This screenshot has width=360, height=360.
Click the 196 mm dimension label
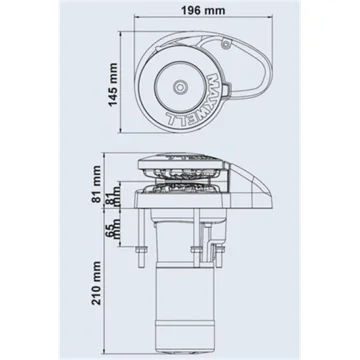click(x=203, y=10)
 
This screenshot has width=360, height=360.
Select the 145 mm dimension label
click(x=114, y=84)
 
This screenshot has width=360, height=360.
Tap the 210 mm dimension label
click(x=96, y=283)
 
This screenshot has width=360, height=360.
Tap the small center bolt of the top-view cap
click(x=180, y=87)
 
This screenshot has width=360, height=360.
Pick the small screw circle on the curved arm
click(x=226, y=44)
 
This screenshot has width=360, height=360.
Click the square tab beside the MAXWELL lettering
click(x=226, y=89)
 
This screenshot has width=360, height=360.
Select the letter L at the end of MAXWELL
click(x=171, y=120)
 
